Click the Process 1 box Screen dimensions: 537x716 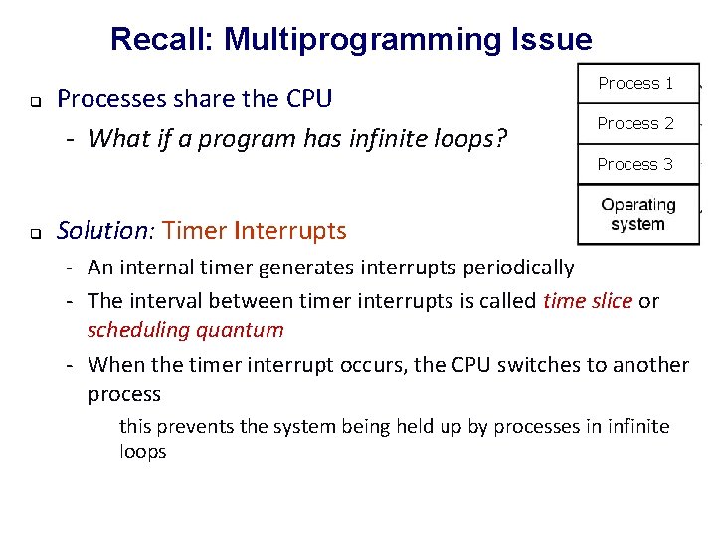pyautogui.click(x=635, y=84)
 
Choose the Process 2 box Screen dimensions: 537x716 pyautogui.click(x=635, y=124)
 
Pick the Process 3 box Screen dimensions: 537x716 pyautogui.click(x=635, y=164)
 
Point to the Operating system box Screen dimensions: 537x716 pyautogui.click(x=637, y=214)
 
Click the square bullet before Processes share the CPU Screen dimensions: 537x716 pyautogui.click(x=33, y=102)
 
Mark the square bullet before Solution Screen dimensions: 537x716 pyautogui.click(x=33, y=235)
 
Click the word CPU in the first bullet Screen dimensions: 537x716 pyautogui.click(x=308, y=98)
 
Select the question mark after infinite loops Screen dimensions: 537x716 pyautogui.click(x=501, y=138)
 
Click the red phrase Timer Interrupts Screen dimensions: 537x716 pyautogui.click(x=255, y=231)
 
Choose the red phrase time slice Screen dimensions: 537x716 pyautogui.click(x=587, y=300)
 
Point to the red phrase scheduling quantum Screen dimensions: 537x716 pyautogui.click(x=186, y=329)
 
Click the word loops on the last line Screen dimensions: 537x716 pyautogui.click(x=142, y=451)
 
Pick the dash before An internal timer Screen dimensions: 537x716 pyautogui.click(x=73, y=268)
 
